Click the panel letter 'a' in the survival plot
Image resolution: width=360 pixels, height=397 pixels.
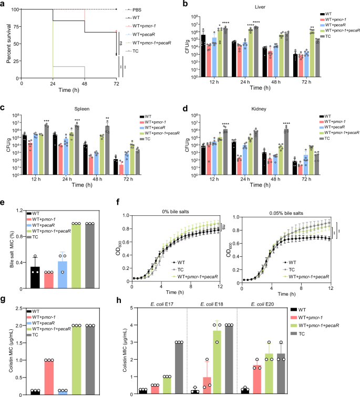[x=4, y=4]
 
